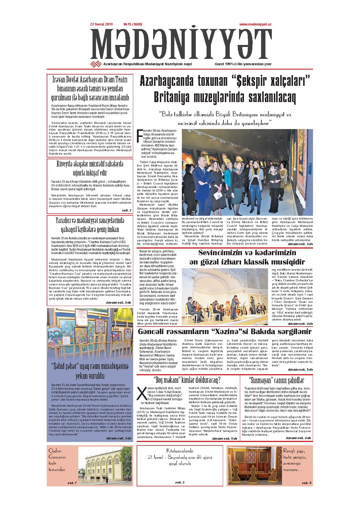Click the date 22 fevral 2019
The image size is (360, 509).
pos(101,24)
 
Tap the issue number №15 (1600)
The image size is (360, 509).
pos(127,24)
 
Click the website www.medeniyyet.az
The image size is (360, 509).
pos(255,25)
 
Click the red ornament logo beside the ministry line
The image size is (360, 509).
pos(96,64)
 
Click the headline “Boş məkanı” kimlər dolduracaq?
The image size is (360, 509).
pos(187,380)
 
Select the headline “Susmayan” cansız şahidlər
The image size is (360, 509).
pos(276,380)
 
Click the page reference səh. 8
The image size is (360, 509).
pos(306,483)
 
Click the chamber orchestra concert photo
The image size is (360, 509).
pos(225,294)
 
